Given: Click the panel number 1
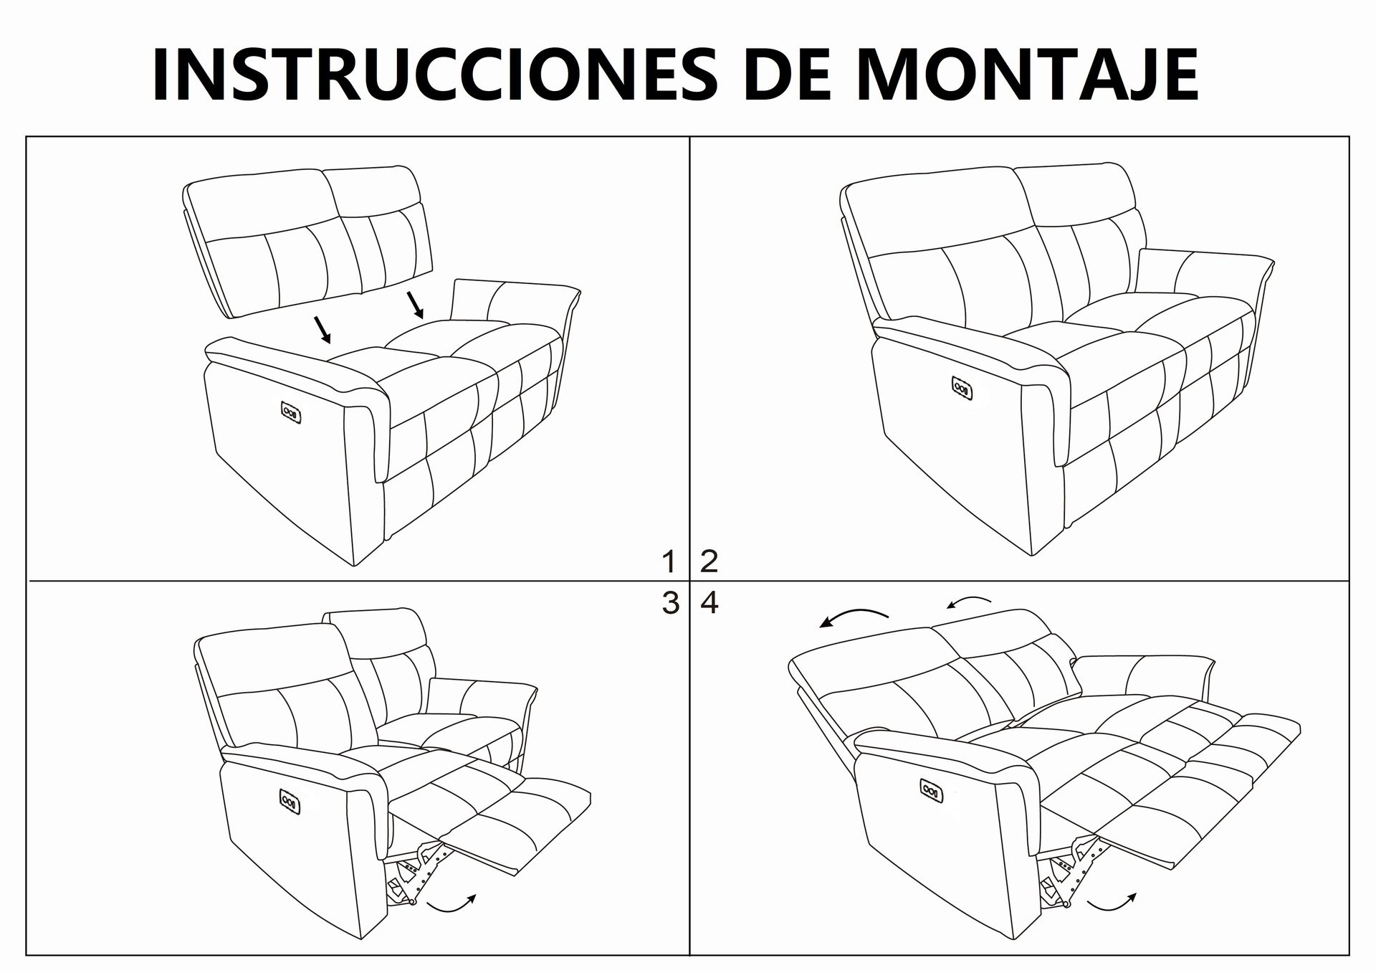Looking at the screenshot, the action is click(669, 561).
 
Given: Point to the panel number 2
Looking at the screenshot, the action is click(709, 561).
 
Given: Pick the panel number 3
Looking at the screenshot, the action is click(670, 603).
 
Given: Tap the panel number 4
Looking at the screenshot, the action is click(709, 603).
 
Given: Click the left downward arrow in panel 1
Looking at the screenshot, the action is click(322, 329).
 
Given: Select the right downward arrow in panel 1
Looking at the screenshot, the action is click(416, 305).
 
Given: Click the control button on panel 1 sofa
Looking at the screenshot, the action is click(292, 412).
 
